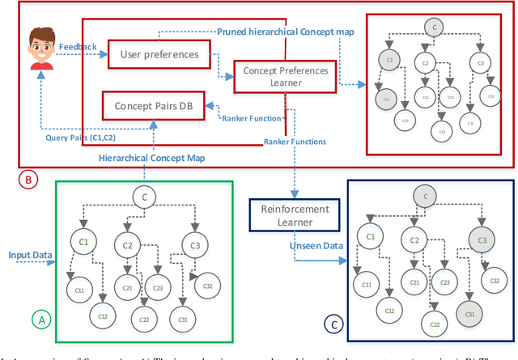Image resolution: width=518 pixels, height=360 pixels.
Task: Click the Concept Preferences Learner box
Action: (283, 78)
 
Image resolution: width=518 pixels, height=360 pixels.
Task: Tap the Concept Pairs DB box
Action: (152, 105)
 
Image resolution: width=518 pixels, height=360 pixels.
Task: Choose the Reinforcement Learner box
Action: (293, 216)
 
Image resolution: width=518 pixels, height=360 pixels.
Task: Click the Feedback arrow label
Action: (78, 47)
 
